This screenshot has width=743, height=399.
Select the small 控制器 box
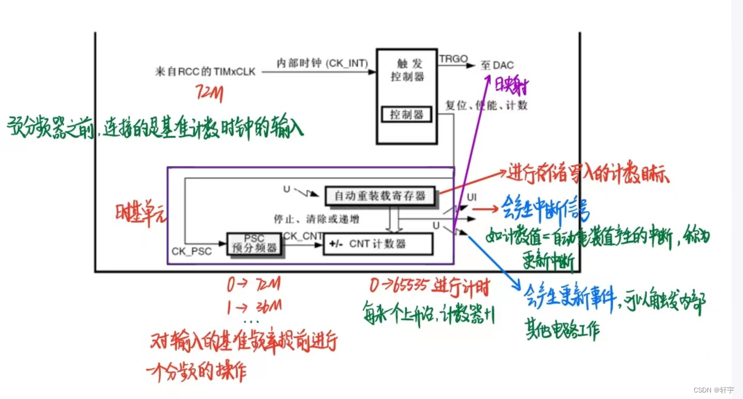click(407, 115)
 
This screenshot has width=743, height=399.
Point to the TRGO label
click(453, 59)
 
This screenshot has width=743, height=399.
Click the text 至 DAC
click(497, 65)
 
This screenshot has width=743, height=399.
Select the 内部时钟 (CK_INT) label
click(322, 63)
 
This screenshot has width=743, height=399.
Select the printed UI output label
click(472, 196)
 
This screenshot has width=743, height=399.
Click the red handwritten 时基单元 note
click(141, 211)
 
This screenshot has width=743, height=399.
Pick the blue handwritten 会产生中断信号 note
click(545, 211)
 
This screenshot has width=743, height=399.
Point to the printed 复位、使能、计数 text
click(486, 106)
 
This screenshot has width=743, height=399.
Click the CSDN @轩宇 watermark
click(713, 390)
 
